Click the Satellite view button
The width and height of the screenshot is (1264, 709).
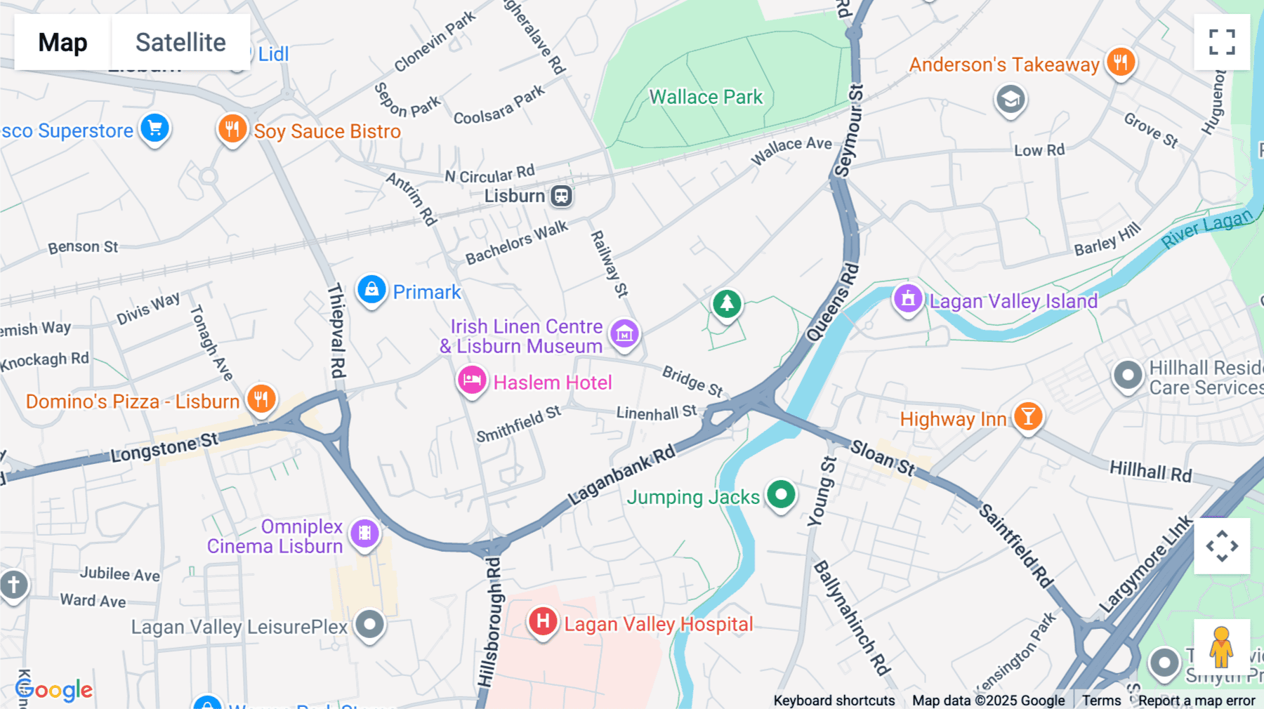point(180,42)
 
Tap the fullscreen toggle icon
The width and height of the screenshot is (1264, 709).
point(1222,42)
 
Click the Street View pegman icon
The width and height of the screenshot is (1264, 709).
point(1221,647)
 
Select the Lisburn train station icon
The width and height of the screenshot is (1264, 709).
point(561,196)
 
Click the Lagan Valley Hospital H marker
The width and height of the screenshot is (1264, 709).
point(543,621)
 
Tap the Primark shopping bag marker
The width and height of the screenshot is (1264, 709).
point(371,289)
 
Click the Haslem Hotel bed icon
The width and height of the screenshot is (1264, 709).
point(472,380)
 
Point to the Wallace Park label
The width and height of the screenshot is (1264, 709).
point(706,97)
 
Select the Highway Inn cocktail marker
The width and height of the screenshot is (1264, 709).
point(1028,416)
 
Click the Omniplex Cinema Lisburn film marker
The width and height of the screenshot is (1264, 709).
point(364,534)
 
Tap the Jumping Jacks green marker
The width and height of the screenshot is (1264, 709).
point(781,494)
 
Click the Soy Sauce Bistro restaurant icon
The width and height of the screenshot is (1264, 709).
point(232,129)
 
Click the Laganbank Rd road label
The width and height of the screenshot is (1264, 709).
point(621,475)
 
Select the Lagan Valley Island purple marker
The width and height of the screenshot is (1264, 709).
point(907,298)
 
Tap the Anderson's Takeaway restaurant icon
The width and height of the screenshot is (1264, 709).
point(1121,62)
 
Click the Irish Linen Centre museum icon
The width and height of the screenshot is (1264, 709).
point(624,333)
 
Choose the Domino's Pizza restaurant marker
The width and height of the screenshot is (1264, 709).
point(261,399)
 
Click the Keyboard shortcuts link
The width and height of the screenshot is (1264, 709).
point(834,701)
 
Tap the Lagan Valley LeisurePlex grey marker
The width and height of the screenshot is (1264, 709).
point(369,623)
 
